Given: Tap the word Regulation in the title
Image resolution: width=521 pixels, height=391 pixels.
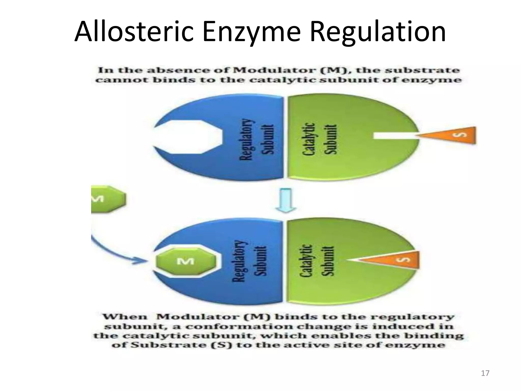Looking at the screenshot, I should pyautogui.click(x=378, y=32).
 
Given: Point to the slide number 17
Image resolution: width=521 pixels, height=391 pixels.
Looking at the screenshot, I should pyautogui.click(x=485, y=373).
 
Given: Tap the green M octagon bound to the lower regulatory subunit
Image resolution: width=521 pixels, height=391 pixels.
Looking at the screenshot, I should pyautogui.click(x=185, y=261).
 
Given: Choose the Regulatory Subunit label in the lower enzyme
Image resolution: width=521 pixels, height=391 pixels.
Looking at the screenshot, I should pyautogui.click(x=250, y=261).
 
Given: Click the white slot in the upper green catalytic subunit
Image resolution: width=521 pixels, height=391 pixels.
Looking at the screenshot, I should pyautogui.click(x=394, y=135).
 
